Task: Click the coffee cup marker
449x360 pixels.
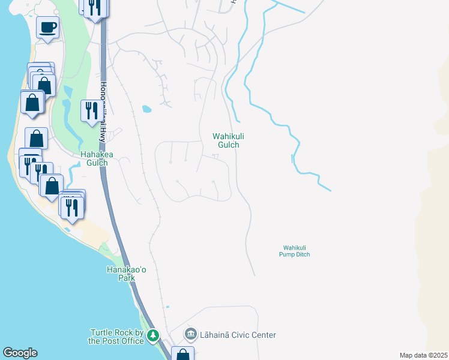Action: pos(47,27)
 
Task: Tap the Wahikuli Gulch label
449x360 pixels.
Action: pos(226,140)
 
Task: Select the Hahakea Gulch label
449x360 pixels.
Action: pos(94,158)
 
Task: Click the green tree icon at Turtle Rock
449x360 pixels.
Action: pos(154,336)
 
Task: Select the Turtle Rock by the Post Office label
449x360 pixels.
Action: pos(117,337)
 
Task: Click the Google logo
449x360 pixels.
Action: pos(20,353)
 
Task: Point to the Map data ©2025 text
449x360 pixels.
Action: pos(423,355)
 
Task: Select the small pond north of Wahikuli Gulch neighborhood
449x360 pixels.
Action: pos(146,109)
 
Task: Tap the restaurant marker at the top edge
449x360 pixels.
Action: pos(95,7)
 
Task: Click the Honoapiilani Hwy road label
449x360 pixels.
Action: pos(104,112)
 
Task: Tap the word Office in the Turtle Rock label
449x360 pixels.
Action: pos(131,341)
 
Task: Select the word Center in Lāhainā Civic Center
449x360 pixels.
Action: pos(262,335)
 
